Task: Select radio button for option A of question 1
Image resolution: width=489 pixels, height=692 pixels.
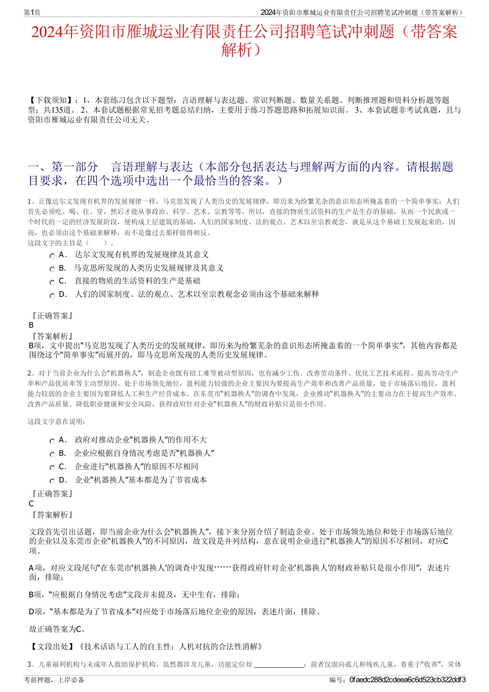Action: pyautogui.click(x=52, y=256)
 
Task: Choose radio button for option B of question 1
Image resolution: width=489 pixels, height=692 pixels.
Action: pyautogui.click(x=52, y=269)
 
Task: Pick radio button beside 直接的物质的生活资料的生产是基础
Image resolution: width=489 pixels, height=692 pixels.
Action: pyautogui.click(x=52, y=282)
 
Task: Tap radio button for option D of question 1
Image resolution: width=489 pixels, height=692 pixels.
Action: pyautogui.click(x=52, y=295)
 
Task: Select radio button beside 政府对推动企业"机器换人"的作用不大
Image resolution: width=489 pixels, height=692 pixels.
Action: pyautogui.click(x=52, y=441)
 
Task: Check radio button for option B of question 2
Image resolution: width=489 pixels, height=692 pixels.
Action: pyautogui.click(x=52, y=454)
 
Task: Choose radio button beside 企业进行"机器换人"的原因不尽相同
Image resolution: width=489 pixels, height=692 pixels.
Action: pyautogui.click(x=52, y=468)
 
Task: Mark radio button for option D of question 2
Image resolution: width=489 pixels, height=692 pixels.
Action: pyautogui.click(x=52, y=481)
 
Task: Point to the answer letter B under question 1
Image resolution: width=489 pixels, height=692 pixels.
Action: pyautogui.click(x=31, y=325)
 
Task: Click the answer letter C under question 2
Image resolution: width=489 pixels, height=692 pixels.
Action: pyautogui.click(x=31, y=504)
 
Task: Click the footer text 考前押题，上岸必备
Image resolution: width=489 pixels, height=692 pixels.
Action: pyautogui.click(x=54, y=680)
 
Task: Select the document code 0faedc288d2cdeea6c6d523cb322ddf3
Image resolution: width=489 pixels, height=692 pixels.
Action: pyautogui.click(x=407, y=680)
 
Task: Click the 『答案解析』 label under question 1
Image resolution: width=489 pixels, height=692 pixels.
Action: pyautogui.click(x=53, y=336)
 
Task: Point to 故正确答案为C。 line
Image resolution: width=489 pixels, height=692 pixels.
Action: pyautogui.click(x=57, y=629)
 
